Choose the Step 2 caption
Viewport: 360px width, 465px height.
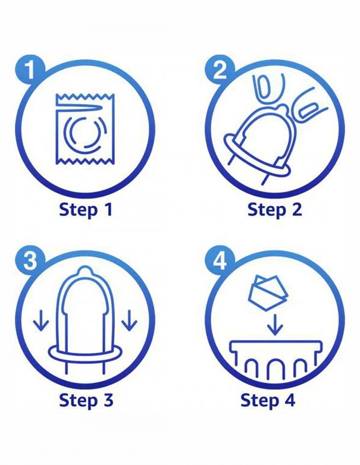[x=274, y=209]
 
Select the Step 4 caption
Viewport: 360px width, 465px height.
[x=268, y=400]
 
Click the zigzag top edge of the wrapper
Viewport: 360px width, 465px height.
[x=83, y=97]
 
